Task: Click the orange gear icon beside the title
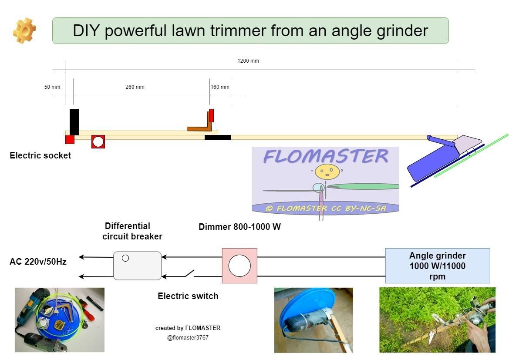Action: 24,30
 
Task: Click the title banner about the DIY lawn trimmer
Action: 250,31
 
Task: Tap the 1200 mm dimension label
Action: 248,61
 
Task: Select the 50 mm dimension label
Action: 52,87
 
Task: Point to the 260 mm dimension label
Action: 135,87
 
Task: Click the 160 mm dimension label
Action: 220,87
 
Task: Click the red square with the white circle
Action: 98,141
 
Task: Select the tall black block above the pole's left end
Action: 74,121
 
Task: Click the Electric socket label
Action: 40,155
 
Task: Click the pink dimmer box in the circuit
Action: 239,266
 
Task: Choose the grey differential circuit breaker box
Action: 137,266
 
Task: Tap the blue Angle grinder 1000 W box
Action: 438,266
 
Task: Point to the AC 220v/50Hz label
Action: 38,262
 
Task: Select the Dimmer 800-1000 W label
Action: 239,227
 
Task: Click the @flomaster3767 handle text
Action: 188,338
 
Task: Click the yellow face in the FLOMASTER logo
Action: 327,171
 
